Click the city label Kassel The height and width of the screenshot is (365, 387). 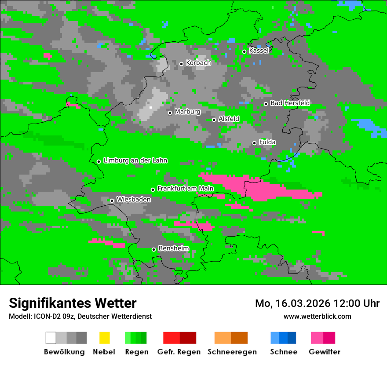click(259, 51)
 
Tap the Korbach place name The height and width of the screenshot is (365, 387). click(198, 63)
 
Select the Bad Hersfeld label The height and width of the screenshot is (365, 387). click(290, 103)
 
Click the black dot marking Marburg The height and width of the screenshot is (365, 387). click(170, 113)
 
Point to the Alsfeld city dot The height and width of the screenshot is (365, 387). click(214, 120)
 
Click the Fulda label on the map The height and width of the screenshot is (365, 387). click(267, 142)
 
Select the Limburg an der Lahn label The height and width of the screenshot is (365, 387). click(135, 161)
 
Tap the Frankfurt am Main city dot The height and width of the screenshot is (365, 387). click(153, 190)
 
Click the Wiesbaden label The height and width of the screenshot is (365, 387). click(134, 200)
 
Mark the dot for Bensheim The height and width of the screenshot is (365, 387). click(153, 249)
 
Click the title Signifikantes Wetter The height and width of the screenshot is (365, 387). click(73, 303)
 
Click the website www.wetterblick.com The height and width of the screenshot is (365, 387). click(317, 316)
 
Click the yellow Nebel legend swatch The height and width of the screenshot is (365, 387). click(104, 338)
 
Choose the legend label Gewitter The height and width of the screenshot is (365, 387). click(324, 352)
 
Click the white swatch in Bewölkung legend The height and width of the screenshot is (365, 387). click(51, 338)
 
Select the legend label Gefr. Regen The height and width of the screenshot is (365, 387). click(179, 352)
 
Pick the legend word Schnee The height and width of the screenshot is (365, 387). click(283, 352)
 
